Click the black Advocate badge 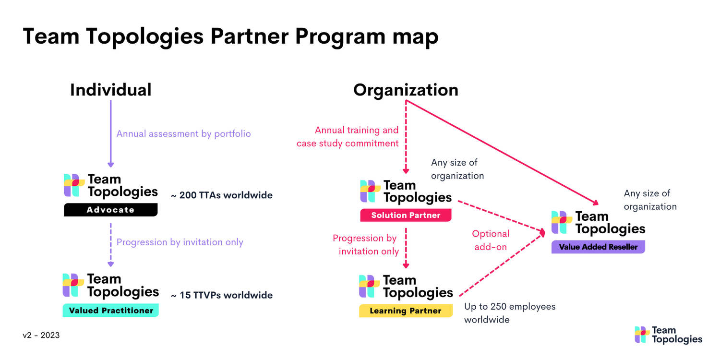(110, 210)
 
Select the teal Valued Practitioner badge (110, 311)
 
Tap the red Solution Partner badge (406, 216)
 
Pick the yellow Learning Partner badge (406, 311)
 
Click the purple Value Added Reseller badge (598, 247)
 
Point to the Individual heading (110, 90)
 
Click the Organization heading (406, 90)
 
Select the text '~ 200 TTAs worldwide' (221, 195)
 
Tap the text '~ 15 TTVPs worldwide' (221, 295)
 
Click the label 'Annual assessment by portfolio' (183, 134)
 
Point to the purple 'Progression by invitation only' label (180, 242)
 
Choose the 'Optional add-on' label (491, 240)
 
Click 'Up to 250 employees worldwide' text (510, 313)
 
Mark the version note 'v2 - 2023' (41, 335)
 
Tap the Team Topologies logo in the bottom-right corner (668, 335)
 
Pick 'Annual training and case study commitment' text (348, 136)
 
